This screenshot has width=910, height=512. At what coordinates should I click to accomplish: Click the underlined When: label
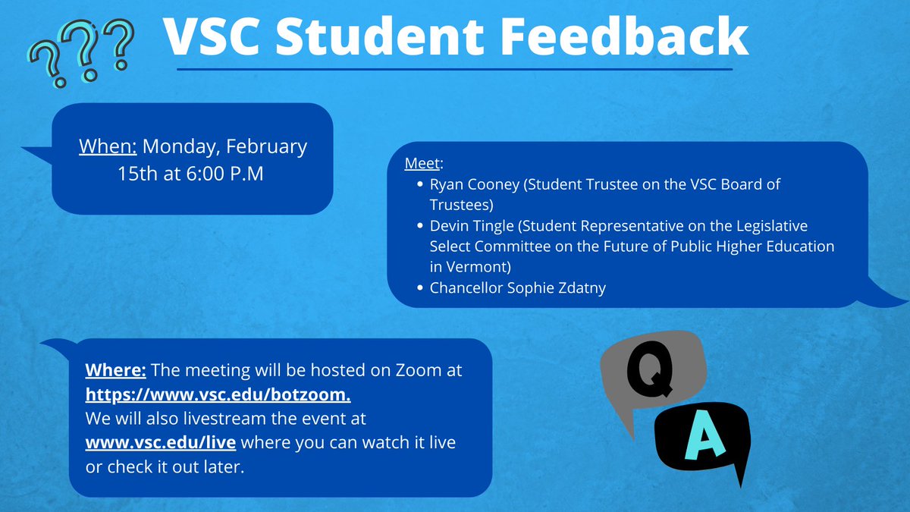coord(108,146)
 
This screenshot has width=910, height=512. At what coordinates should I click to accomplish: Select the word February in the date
coord(267,146)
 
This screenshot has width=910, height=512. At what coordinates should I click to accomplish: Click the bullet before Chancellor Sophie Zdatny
coord(420,288)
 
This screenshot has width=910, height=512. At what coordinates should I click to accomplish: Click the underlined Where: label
coord(116,370)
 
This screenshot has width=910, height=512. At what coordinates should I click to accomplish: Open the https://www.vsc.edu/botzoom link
coord(218,395)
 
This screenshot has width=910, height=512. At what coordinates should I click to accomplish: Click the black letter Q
coord(645,370)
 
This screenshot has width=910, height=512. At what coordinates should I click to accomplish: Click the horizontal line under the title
coord(455,69)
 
